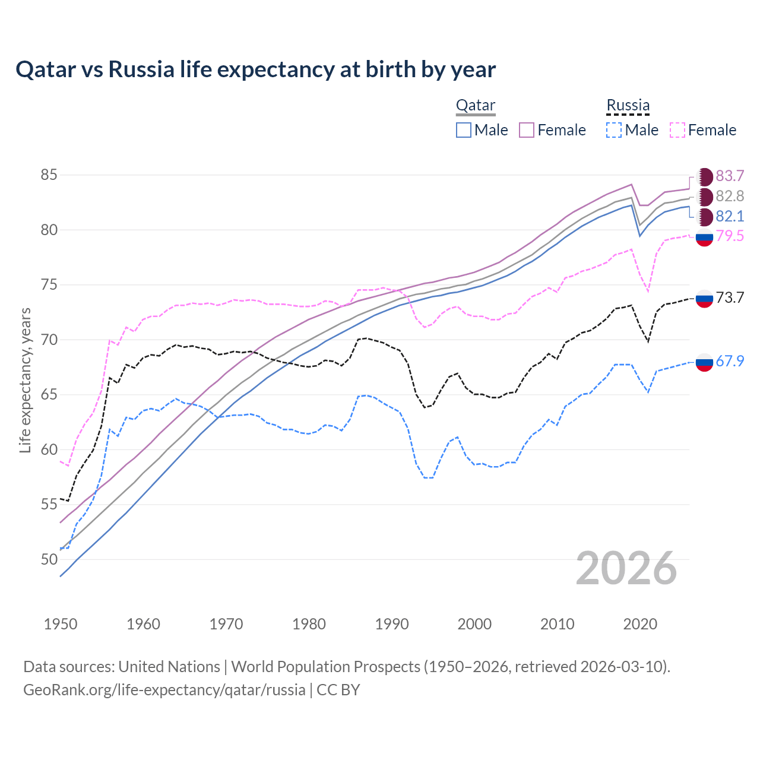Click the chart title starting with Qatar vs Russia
(255, 69)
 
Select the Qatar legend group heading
(475, 106)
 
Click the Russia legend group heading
(628, 106)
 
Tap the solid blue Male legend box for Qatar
(464, 130)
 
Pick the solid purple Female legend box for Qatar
(527, 130)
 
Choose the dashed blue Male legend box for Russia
(614, 130)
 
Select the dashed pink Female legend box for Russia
(677, 130)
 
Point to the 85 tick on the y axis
(49, 175)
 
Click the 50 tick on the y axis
(49, 559)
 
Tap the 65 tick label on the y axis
(49, 395)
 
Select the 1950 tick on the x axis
(61, 624)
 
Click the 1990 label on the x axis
(392, 624)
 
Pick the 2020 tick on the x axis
(640, 624)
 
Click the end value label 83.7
(730, 176)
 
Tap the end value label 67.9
(730, 361)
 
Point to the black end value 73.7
(730, 297)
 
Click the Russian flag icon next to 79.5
(704, 237)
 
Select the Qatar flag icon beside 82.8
(705, 197)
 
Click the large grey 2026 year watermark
(626, 568)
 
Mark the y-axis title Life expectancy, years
(25, 380)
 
